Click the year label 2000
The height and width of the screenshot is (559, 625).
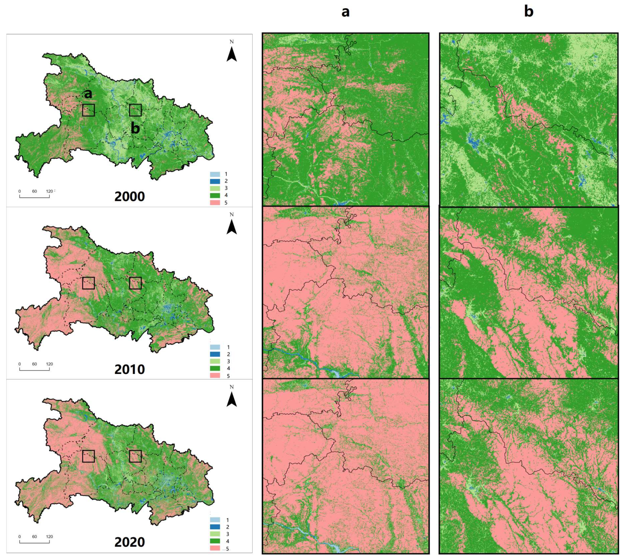tap(129, 196)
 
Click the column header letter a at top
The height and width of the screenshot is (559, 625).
tap(346, 12)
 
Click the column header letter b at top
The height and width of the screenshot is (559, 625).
tap(529, 12)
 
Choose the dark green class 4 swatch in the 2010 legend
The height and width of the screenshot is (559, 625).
tap(215, 368)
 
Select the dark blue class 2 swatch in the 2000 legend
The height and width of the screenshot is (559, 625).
tap(215, 181)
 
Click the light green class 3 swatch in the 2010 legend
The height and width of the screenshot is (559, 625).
tap(215, 361)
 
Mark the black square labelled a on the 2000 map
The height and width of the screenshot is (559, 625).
tap(88, 110)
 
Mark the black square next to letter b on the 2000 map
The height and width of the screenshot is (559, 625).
tap(135, 110)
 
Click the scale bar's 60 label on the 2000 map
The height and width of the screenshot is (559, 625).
tap(34, 191)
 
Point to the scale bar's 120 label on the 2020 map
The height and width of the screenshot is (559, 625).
tap(49, 537)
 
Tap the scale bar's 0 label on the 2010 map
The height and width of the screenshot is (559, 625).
tap(20, 364)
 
